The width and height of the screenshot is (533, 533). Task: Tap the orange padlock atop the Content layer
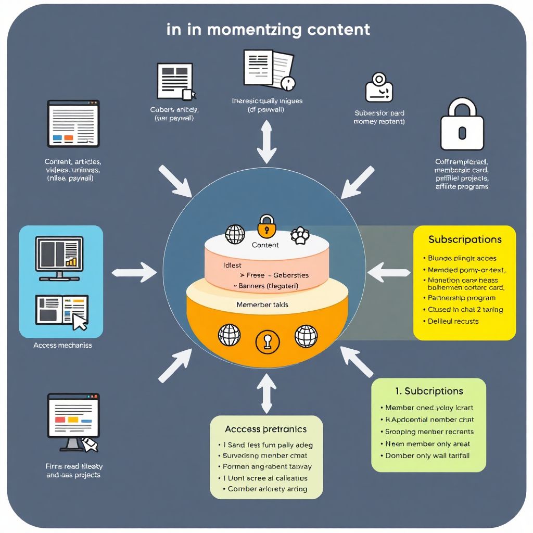266,225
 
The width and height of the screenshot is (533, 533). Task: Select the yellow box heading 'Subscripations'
465,240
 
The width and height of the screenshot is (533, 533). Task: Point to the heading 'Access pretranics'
265,429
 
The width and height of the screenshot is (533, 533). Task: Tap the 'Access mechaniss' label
62,345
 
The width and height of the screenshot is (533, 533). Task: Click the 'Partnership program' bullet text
461,298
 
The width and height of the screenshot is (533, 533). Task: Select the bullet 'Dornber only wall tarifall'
427,455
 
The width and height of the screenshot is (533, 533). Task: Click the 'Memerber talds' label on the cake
262,304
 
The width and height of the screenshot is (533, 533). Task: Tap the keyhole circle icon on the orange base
268,341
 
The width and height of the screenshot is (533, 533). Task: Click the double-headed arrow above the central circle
266,141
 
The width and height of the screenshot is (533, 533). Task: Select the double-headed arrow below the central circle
266,394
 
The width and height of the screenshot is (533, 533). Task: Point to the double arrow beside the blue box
134,271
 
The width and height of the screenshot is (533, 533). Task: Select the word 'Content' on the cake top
265,245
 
